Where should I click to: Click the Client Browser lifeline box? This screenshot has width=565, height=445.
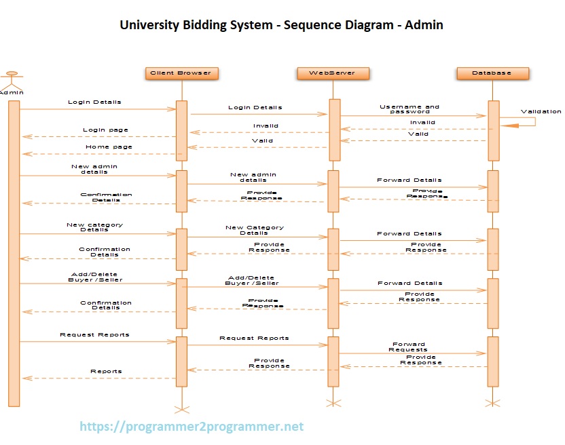pos(181,73)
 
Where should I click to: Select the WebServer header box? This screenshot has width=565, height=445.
pos(331,73)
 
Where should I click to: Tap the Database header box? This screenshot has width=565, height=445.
pos(492,73)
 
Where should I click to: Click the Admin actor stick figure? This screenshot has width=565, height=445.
pos(10,78)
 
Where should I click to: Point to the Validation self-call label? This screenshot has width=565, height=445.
pos(541,111)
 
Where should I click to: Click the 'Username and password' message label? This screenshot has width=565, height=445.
pos(409,109)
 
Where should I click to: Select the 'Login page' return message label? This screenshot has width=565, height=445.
pos(105,130)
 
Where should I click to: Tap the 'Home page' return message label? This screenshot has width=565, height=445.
pos(109,147)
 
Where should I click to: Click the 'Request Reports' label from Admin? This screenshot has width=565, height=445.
pos(94,334)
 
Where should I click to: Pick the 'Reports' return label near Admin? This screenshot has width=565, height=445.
pos(106,371)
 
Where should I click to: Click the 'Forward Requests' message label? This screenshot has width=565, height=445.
pos(408,347)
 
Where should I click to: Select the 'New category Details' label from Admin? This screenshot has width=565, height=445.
pos(94,227)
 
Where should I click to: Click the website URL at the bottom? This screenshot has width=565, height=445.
pos(192,427)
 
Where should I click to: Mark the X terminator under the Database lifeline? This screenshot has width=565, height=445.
pos(493,403)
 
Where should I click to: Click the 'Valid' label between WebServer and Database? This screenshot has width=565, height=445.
pos(418,134)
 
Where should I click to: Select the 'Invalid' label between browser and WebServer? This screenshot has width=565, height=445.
pos(266,126)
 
